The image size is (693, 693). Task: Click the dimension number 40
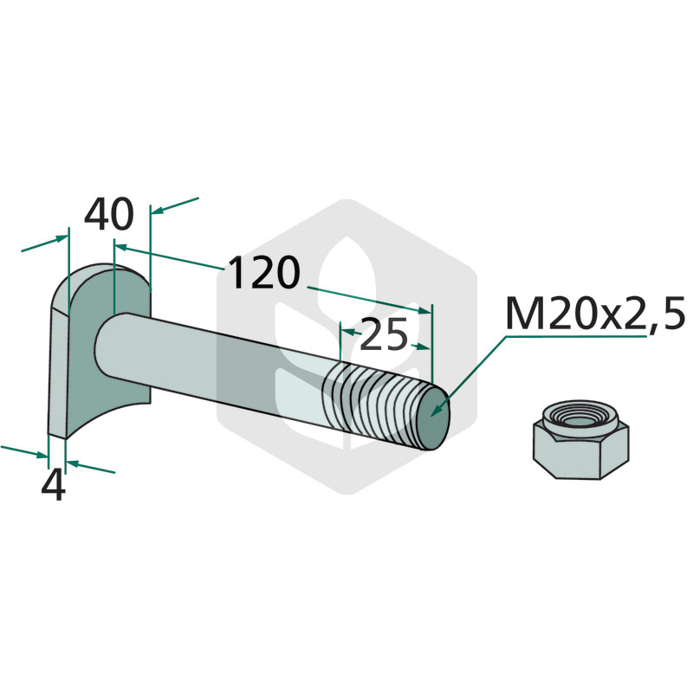click(x=109, y=214)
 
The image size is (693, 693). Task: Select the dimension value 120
click(x=264, y=273)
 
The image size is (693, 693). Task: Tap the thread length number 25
click(x=384, y=334)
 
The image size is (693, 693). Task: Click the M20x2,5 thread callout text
click(x=595, y=314)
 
